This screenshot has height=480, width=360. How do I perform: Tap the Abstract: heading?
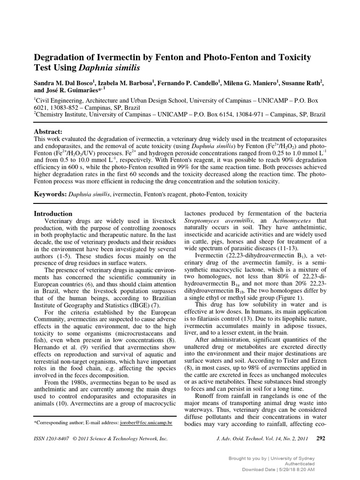(48, 132)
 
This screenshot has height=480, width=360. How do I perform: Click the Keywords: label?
(51, 194)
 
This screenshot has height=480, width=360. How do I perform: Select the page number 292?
(321, 439)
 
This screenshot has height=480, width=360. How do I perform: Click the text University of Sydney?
(296, 457)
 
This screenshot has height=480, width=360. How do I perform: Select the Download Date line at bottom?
(278, 469)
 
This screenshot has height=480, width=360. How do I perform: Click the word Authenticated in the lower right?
(300, 463)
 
